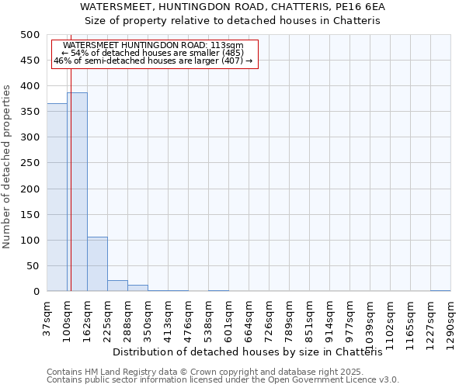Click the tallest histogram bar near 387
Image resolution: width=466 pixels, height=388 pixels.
(x=77, y=192)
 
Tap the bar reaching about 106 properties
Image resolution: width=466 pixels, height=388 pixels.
(x=97, y=264)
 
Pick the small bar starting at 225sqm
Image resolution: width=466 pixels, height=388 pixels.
(x=117, y=286)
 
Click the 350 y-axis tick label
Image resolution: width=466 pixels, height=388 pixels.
(x=30, y=112)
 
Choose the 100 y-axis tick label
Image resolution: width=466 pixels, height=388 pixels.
(x=30, y=241)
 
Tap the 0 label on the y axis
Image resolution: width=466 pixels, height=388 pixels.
(x=37, y=292)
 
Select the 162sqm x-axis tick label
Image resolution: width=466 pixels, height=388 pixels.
(x=87, y=316)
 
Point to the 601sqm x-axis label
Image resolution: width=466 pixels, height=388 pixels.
(x=228, y=316)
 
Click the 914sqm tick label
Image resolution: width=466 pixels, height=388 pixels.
(x=329, y=316)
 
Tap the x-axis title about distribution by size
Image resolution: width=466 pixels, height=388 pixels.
(x=253, y=352)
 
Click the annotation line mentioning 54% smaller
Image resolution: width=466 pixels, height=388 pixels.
(x=153, y=53)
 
